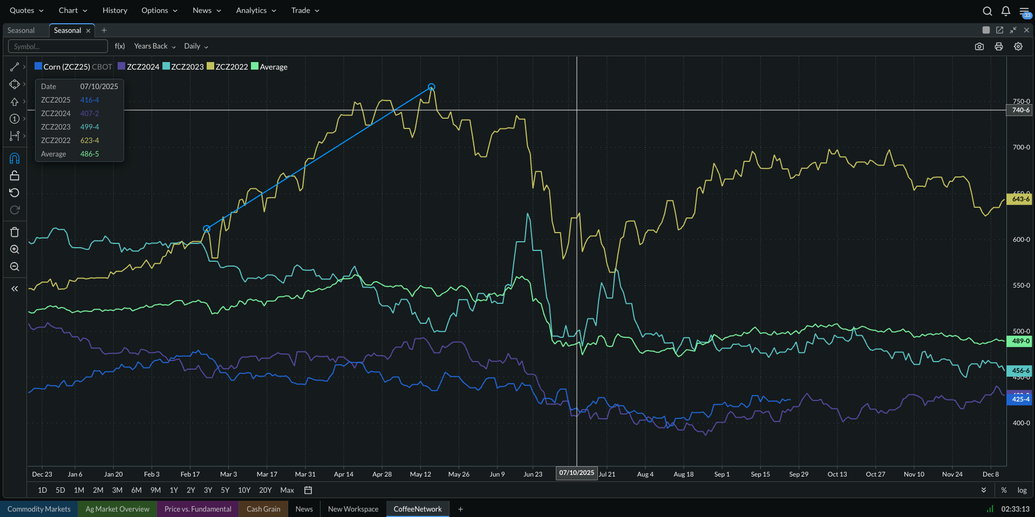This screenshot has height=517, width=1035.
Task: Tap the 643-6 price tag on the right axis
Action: [1020, 199]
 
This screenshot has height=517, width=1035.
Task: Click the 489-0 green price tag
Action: [1020, 341]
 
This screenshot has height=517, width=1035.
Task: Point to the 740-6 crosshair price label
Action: [1020, 110]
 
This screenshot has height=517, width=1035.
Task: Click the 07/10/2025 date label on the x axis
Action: [576, 473]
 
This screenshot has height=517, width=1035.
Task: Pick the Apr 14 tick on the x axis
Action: [343, 474]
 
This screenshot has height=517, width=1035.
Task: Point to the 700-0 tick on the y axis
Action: [1021, 147]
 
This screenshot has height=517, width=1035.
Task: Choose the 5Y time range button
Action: [225, 490]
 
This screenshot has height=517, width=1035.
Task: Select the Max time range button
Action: [287, 490]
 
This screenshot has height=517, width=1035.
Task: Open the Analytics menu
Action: [256, 10]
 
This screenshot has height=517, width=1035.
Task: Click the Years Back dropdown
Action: [154, 46]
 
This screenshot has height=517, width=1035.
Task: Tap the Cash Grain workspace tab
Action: [263, 509]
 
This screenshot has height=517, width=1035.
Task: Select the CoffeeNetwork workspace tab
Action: [417, 509]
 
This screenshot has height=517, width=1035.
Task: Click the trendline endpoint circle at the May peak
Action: [431, 87]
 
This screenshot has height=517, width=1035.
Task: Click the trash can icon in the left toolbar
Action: [15, 232]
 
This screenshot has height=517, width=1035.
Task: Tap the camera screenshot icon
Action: [979, 46]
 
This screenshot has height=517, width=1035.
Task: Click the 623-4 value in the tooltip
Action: [90, 140]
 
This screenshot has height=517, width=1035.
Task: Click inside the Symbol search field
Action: [58, 46]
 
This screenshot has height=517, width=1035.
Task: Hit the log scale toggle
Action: [1022, 490]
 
